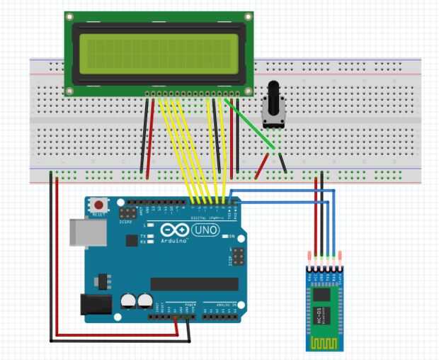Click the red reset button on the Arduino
pyautogui.click(x=97, y=206)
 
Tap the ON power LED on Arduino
pyautogui.click(x=224, y=236)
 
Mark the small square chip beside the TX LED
pyautogui.click(x=131, y=240)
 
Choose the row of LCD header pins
pyautogui.click(x=193, y=94)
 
